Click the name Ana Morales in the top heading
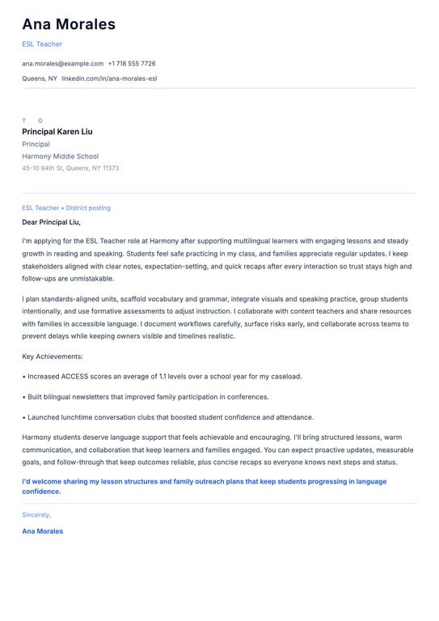coord(69,24)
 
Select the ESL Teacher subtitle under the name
coord(42,44)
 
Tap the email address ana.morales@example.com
coord(62,63)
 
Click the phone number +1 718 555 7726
coord(132,63)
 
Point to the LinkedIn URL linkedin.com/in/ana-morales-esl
coord(109,78)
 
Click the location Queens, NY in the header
coord(40,78)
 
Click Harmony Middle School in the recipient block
coord(61,156)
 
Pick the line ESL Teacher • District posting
coord(66,208)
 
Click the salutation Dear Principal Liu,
coord(52,222)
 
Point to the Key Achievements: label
coord(53,356)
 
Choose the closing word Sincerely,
coord(36,514)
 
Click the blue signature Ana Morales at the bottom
coord(42,531)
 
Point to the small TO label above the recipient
coord(32,120)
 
